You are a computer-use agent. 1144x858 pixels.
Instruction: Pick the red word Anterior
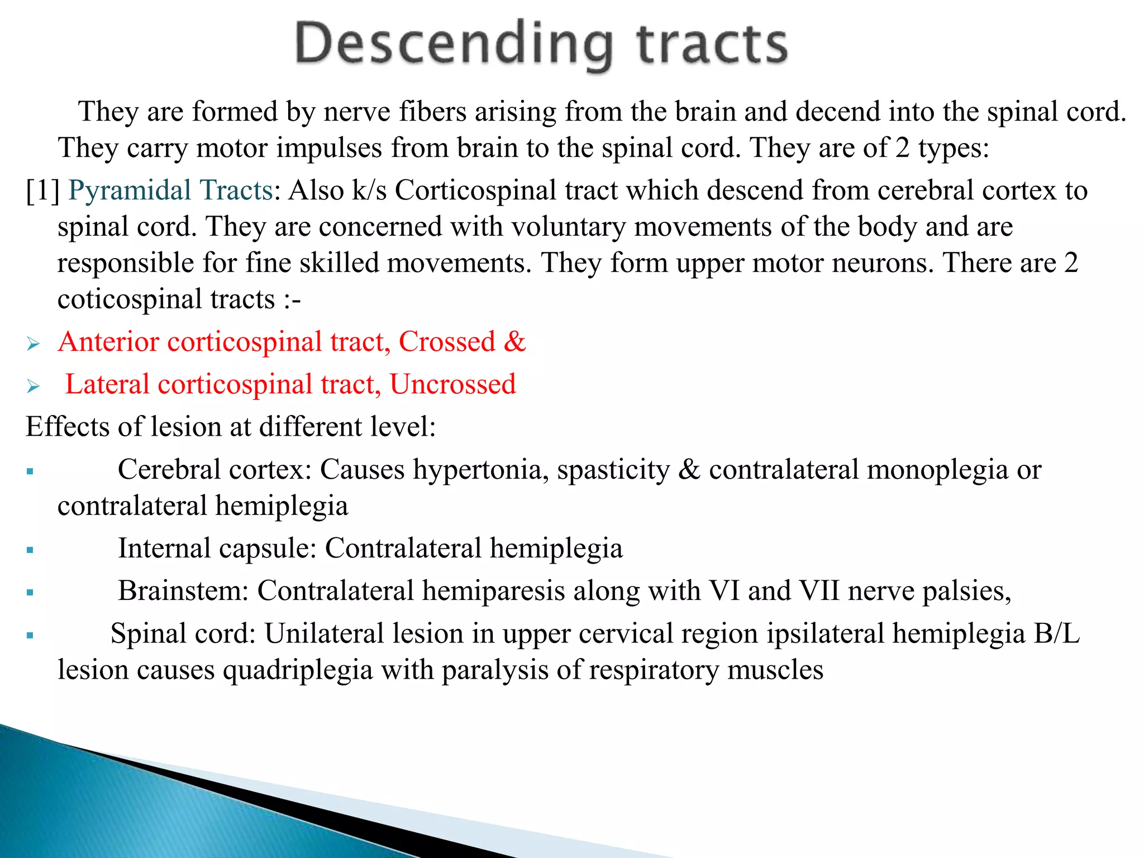[109, 342]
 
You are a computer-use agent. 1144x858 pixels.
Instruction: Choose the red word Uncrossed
[452, 384]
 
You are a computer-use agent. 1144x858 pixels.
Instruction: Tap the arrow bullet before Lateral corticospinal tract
[33, 386]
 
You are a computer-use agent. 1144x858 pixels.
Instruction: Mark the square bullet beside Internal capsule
[30, 550]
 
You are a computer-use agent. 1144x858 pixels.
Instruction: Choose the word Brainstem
[183, 591]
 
